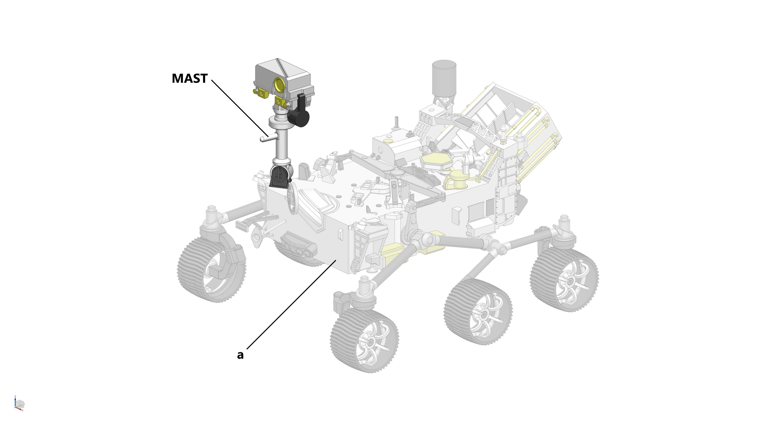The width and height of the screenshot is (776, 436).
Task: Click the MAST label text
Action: tap(190, 78)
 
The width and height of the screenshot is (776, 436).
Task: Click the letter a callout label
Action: tap(240, 355)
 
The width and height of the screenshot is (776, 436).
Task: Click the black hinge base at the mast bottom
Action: tap(68, 179)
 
